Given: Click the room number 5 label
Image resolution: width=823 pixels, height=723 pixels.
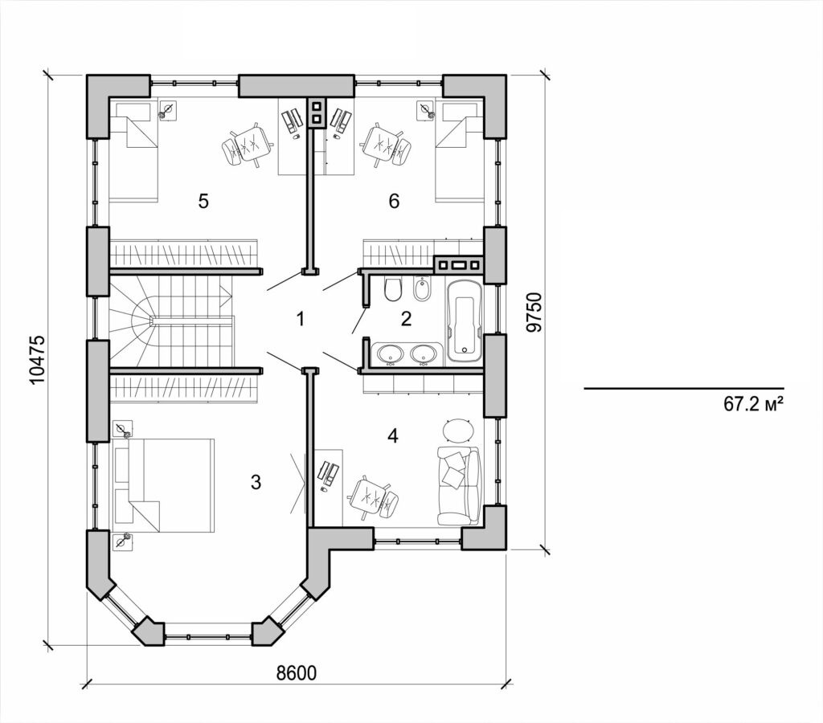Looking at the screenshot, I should pos(203,201).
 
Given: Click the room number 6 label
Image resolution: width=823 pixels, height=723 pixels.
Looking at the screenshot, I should pos(394,201).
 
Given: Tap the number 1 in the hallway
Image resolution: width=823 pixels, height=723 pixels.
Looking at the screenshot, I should pos(300,319).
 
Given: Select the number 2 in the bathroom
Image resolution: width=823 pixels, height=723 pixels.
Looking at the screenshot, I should pos(406,319).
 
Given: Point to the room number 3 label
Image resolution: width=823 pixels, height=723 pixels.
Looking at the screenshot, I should pos(256,482).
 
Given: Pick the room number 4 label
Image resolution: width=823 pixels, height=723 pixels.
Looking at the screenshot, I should pos(392,436).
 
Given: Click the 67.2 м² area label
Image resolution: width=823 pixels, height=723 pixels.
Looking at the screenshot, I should pos(753,405).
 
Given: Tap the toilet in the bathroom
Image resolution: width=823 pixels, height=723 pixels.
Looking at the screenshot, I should pos(393,290).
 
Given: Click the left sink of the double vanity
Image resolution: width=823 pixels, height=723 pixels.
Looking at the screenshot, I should pos(389,353).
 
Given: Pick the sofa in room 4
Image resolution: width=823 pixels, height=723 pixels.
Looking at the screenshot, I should pos(458,486).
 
